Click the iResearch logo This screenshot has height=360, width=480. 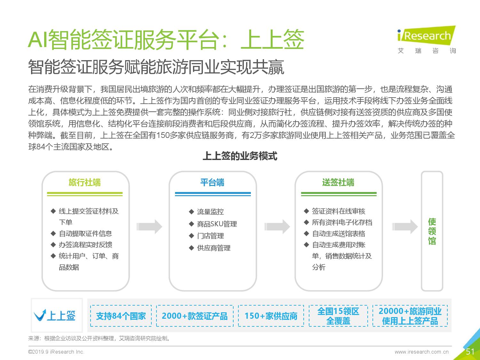[x=427, y=40]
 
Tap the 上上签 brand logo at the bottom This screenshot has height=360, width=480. [x=55, y=316]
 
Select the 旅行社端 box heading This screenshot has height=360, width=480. [x=84, y=182]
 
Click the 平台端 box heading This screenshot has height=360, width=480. [x=212, y=182]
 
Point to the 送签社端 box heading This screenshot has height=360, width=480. [x=338, y=182]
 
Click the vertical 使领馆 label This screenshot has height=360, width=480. [x=432, y=231]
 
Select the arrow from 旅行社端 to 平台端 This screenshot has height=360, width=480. [x=149, y=227]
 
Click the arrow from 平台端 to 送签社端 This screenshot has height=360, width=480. [x=277, y=227]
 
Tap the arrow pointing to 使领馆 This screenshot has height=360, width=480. [x=405, y=227]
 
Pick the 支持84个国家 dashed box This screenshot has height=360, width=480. [x=121, y=316]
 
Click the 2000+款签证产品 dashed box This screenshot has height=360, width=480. [x=195, y=316]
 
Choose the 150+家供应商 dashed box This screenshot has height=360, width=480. [x=271, y=316]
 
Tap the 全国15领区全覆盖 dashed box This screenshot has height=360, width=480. [x=338, y=316]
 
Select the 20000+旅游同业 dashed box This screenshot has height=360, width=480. [x=410, y=316]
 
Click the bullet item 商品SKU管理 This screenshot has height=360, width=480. [x=213, y=224]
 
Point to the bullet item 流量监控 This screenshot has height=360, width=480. [x=206, y=212]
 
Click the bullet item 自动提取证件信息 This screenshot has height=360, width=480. [x=81, y=234]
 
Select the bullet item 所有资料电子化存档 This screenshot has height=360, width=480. [x=338, y=222]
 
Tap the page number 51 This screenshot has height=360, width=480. [x=470, y=351]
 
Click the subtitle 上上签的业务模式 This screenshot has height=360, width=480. [x=240, y=156]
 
